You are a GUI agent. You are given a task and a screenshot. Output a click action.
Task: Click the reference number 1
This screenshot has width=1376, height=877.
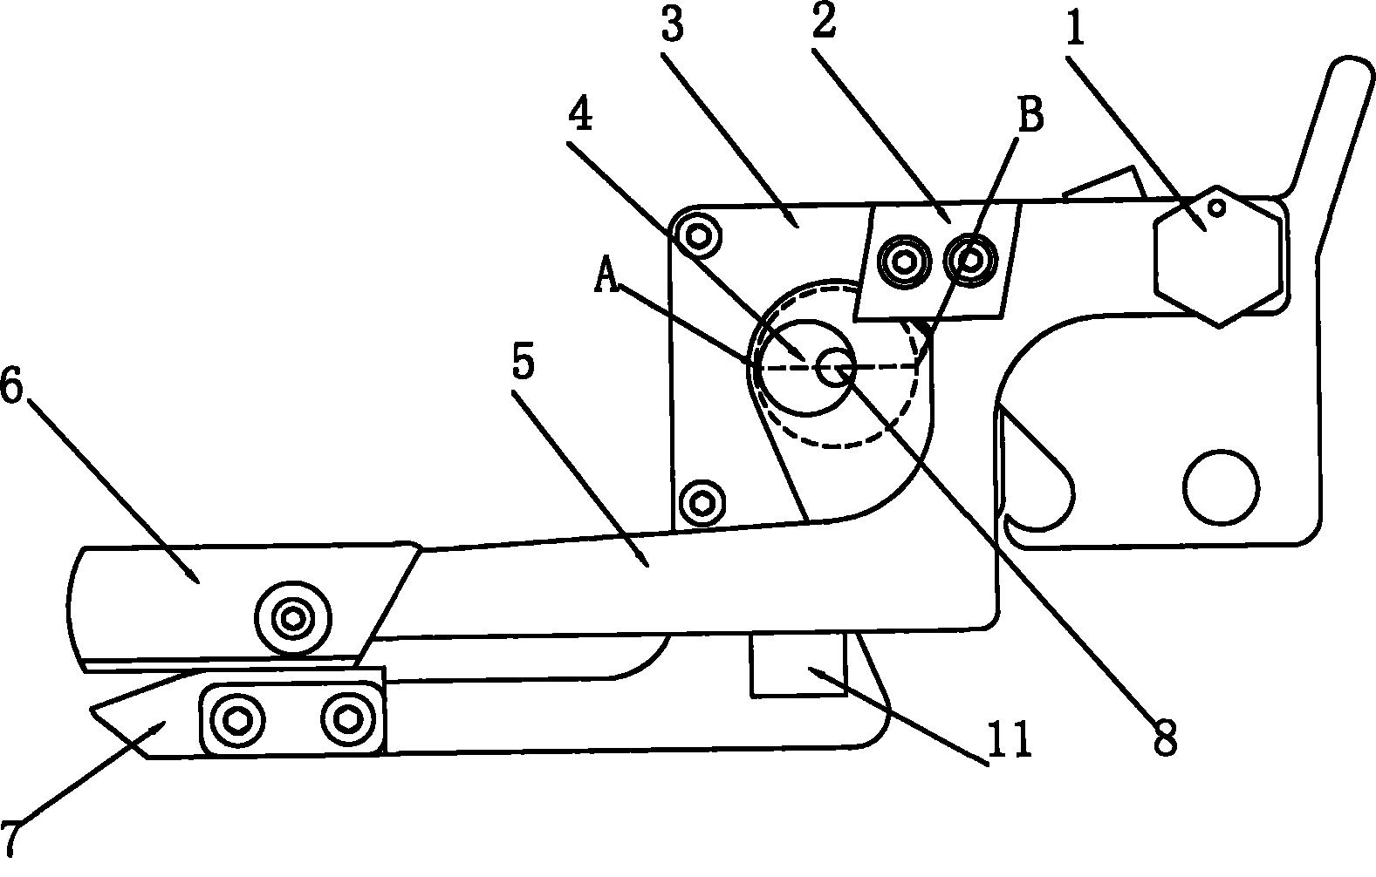pyautogui.click(x=1074, y=26)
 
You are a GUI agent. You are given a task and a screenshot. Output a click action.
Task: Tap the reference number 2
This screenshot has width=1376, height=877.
pyautogui.click(x=825, y=22)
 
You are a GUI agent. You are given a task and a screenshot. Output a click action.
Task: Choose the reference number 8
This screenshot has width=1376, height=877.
pyautogui.click(x=1165, y=736)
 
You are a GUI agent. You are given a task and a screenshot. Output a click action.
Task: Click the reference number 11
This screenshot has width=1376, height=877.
pyautogui.click(x=1008, y=739)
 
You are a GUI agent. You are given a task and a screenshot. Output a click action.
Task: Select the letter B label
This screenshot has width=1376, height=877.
pyautogui.click(x=1030, y=114)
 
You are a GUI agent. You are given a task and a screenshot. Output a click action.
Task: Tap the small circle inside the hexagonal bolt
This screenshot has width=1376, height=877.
pyautogui.click(x=1217, y=208)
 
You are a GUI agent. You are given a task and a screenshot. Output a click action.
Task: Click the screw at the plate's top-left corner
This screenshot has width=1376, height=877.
pyautogui.click(x=698, y=235)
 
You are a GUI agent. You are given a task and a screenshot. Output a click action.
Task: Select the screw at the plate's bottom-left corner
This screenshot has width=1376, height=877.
pyautogui.click(x=702, y=503)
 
